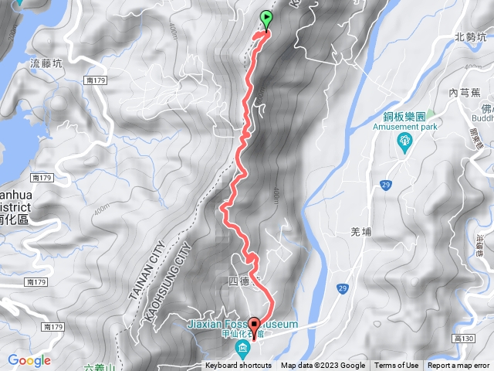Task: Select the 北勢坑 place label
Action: tap(471, 36)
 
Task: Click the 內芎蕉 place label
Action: tap(464, 92)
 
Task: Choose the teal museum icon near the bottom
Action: tap(244, 349)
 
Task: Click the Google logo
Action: tap(29, 360)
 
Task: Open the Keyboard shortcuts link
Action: tap(239, 366)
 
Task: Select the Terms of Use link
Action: tap(396, 366)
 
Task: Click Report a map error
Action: tap(458, 366)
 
